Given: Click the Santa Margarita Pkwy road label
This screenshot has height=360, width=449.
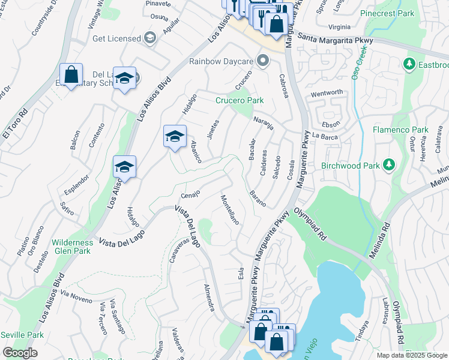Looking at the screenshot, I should point(333,40).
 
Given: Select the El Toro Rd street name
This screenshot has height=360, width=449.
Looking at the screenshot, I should point(15,123).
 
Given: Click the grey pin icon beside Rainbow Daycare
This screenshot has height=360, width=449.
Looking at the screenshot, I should point(262,61).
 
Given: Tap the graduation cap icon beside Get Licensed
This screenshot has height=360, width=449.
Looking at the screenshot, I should point(149,38).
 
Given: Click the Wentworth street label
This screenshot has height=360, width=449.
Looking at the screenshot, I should point(327,92).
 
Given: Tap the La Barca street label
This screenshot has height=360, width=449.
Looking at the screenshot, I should point(326,136).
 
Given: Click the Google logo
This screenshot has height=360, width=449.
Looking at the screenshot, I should point(20,353).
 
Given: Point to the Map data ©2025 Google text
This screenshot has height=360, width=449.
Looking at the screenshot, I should point(412,355).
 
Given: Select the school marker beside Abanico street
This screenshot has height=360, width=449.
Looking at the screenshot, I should point(175,136).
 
